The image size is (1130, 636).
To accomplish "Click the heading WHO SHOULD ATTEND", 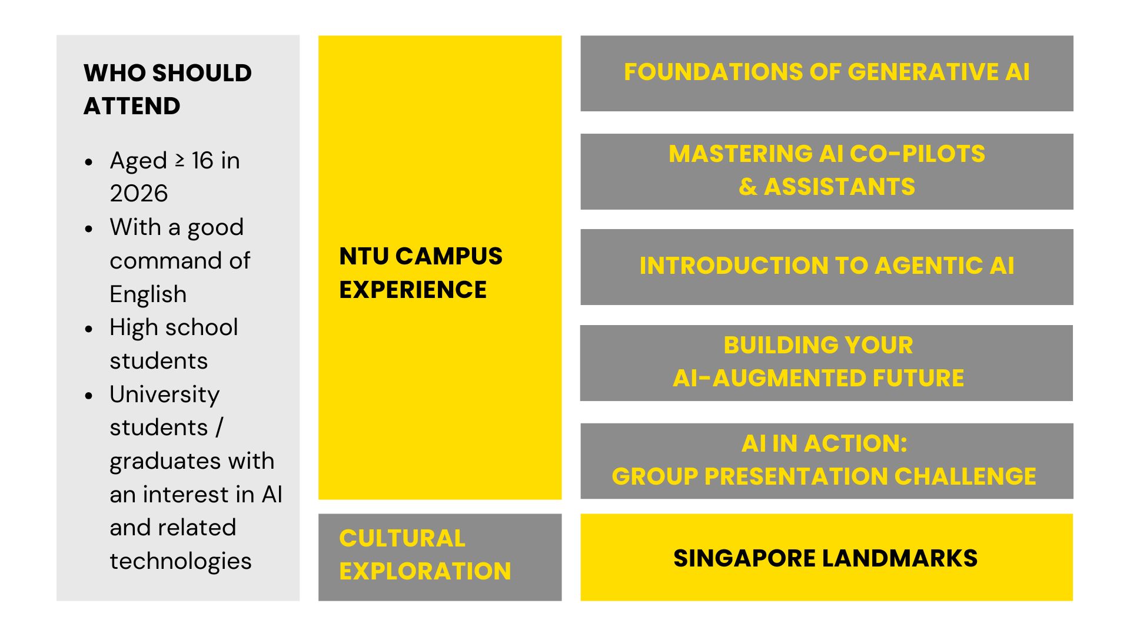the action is pyautogui.click(x=168, y=90).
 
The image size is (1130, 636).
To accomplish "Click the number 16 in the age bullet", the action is pyautogui.click(x=202, y=161).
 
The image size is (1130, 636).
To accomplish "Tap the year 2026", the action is pyautogui.click(x=139, y=194).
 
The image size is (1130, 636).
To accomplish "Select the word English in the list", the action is pyautogui.click(x=148, y=294).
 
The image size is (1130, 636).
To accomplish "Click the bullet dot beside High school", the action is pyautogui.click(x=89, y=329).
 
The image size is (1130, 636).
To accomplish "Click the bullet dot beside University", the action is pyautogui.click(x=89, y=395).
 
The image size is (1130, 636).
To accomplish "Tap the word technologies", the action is pyautogui.click(x=181, y=561).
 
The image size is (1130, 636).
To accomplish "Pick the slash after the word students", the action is pyautogui.click(x=219, y=428).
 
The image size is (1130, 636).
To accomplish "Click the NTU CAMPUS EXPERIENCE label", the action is pyautogui.click(x=421, y=273).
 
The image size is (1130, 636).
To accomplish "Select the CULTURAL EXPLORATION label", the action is pyautogui.click(x=425, y=555).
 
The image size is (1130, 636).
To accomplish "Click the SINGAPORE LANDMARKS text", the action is pyautogui.click(x=825, y=558).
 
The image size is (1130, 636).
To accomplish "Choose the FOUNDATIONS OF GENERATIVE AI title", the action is pyautogui.click(x=827, y=72).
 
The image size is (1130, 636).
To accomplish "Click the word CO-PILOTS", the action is pyautogui.click(x=918, y=154).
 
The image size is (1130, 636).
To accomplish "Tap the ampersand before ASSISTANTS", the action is pyautogui.click(x=747, y=187).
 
